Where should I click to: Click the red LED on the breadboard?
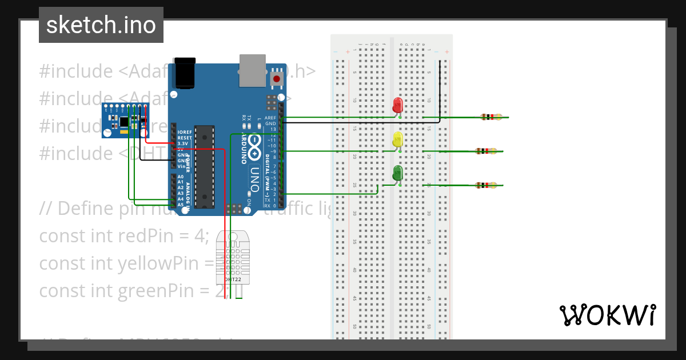click(398, 106)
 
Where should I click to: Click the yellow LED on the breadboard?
click(398, 139)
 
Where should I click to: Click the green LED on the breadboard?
click(398, 173)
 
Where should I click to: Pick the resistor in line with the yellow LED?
click(486, 151)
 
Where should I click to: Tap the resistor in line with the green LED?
click(486, 185)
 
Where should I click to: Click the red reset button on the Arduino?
click(277, 79)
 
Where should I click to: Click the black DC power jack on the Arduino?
click(184, 73)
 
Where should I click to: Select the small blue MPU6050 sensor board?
click(125, 120)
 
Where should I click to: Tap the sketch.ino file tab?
click(101, 25)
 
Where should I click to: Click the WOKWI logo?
click(607, 315)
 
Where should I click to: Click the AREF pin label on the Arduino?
click(270, 118)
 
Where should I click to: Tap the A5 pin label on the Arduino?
click(180, 205)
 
